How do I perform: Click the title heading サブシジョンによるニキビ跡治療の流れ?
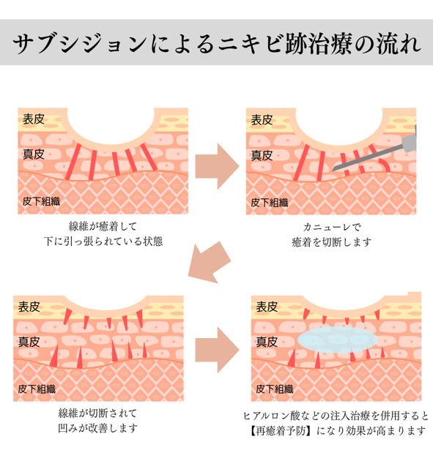pos(217,43)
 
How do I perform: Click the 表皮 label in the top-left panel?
pos(34,119)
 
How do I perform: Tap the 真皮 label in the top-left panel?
pos(34,154)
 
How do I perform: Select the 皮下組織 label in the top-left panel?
pos(41,201)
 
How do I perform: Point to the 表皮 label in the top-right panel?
pos(262,120)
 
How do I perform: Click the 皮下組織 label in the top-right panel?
pos(269,203)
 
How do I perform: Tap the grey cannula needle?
pos(374,153)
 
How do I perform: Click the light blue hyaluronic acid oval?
pos(338,340)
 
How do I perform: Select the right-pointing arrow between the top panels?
pos(217,166)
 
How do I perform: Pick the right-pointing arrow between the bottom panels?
pos(217,351)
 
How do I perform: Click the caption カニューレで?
pos(332,228)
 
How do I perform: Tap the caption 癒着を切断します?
pos(332,242)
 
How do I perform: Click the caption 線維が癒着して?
pos(103,226)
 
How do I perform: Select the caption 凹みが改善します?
pos(97,428)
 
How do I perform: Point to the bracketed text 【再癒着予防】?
pos(278,431)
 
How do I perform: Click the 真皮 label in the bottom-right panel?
pos(267,342)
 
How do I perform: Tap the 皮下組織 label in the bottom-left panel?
pos(37,389)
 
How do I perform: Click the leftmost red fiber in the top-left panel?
pos(73,162)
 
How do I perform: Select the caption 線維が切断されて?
pos(97,414)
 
